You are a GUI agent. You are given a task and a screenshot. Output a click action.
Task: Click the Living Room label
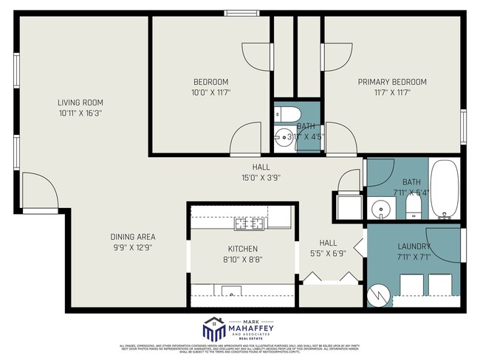(80, 103)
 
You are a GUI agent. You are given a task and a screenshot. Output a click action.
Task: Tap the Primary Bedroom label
(392, 82)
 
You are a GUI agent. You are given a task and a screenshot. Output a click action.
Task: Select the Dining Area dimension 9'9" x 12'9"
(133, 248)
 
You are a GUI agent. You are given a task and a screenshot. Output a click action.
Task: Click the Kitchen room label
(242, 249)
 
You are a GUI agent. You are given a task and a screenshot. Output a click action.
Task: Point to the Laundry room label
(414, 246)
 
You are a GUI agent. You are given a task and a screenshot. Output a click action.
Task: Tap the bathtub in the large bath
(445, 190)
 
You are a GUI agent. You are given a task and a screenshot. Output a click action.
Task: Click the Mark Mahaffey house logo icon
(214, 329)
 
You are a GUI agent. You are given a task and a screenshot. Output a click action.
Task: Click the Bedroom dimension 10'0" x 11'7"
(211, 93)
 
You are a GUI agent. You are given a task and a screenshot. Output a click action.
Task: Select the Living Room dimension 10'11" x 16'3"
(80, 114)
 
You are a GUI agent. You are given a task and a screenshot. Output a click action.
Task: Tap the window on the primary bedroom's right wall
(464, 125)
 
